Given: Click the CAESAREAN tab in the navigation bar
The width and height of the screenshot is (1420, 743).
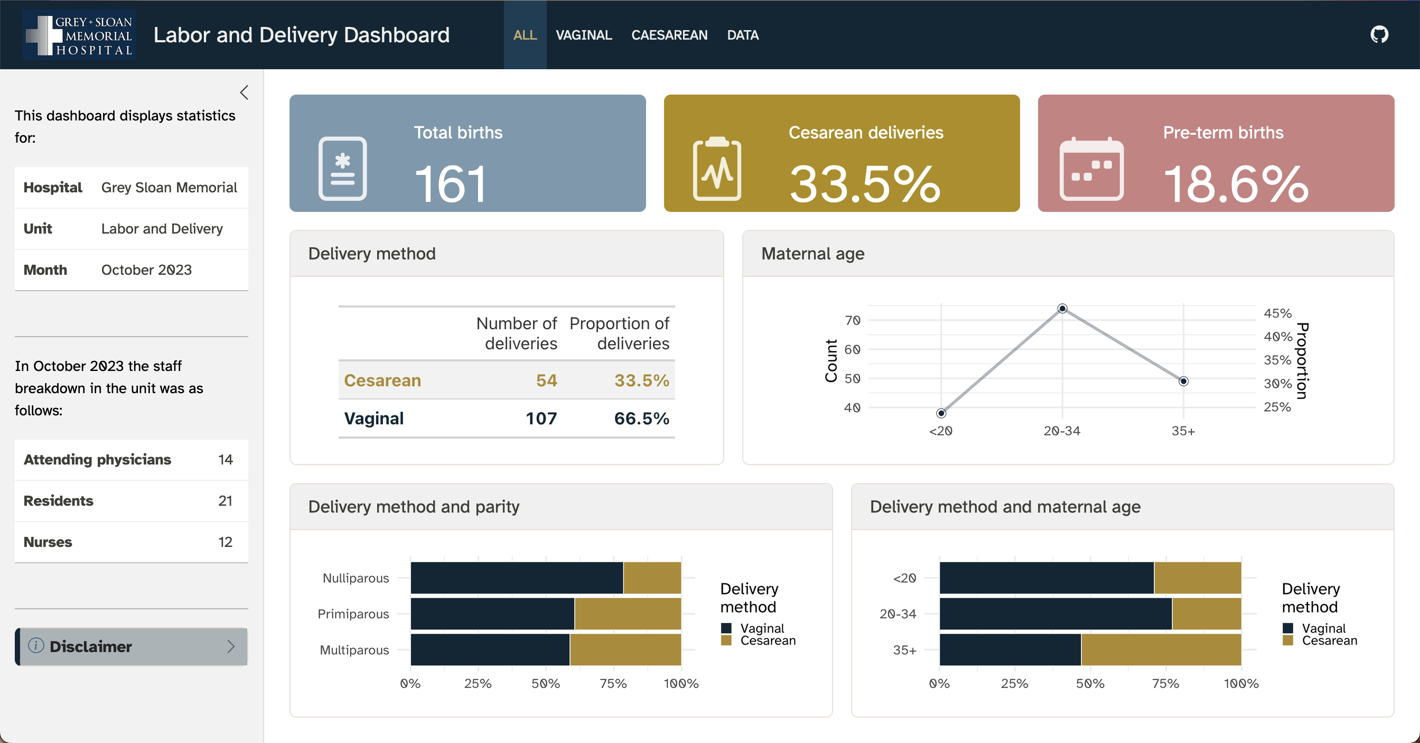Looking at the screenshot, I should point(669,35).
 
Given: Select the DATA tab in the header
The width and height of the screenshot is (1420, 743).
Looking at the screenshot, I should point(743,35).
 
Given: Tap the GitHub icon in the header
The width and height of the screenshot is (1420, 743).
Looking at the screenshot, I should point(1379,35).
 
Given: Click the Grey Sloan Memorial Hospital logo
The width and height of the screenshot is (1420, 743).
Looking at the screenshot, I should point(79,35).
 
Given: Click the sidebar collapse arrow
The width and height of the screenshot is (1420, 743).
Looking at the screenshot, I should point(244,92).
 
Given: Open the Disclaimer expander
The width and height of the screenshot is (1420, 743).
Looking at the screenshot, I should point(131,646).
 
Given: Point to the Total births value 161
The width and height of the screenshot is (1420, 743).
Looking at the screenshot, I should point(451,184).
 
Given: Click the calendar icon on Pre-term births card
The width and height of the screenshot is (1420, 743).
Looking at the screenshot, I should point(1091,169).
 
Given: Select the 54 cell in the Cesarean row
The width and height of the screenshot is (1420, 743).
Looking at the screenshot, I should point(546,380).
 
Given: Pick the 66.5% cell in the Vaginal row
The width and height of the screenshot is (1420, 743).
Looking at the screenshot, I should point(641,419).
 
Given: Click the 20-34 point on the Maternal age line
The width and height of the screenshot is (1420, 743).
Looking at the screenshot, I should point(1062,308).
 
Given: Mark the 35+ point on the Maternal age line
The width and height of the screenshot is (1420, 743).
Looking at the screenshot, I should point(1183,381).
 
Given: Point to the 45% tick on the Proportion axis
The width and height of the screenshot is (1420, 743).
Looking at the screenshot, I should point(1277,313).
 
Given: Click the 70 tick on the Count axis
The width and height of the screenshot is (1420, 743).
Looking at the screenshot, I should point(852,320).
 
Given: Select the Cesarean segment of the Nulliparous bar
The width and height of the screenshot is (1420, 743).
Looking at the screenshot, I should point(652,578).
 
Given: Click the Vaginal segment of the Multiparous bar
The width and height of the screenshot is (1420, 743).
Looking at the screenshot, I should point(490,649).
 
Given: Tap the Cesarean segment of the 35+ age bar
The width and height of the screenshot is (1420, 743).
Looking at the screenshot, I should point(1161,649).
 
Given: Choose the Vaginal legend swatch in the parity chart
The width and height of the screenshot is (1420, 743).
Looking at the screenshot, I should point(726,628).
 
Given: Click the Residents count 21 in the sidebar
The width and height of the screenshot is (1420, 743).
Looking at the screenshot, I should point(225,501).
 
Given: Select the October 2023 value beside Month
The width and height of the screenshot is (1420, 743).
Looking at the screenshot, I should point(146,270).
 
